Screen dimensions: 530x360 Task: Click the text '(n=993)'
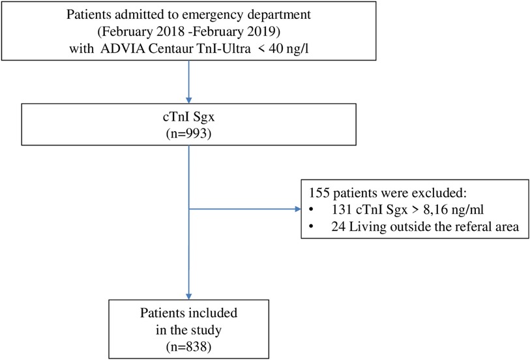pos(188,134)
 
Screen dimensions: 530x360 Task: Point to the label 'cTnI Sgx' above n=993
pos(188,117)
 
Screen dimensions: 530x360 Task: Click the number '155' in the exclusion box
pos(319,193)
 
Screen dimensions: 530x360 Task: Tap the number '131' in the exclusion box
pos(342,209)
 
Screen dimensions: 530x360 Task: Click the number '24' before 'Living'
pos(338,226)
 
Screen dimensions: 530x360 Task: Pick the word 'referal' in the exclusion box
pos(472,226)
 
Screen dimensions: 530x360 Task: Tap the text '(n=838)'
pos(188,346)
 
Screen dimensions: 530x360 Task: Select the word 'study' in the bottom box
pos(205,330)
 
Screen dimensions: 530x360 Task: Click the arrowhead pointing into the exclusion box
pos(298,209)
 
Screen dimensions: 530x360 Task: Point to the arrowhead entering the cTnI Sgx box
pos(188,100)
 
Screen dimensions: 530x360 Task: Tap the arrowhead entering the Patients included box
pos(188,296)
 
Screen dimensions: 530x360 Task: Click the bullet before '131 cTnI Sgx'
pos(311,210)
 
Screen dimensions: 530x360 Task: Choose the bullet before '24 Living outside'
pos(311,226)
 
